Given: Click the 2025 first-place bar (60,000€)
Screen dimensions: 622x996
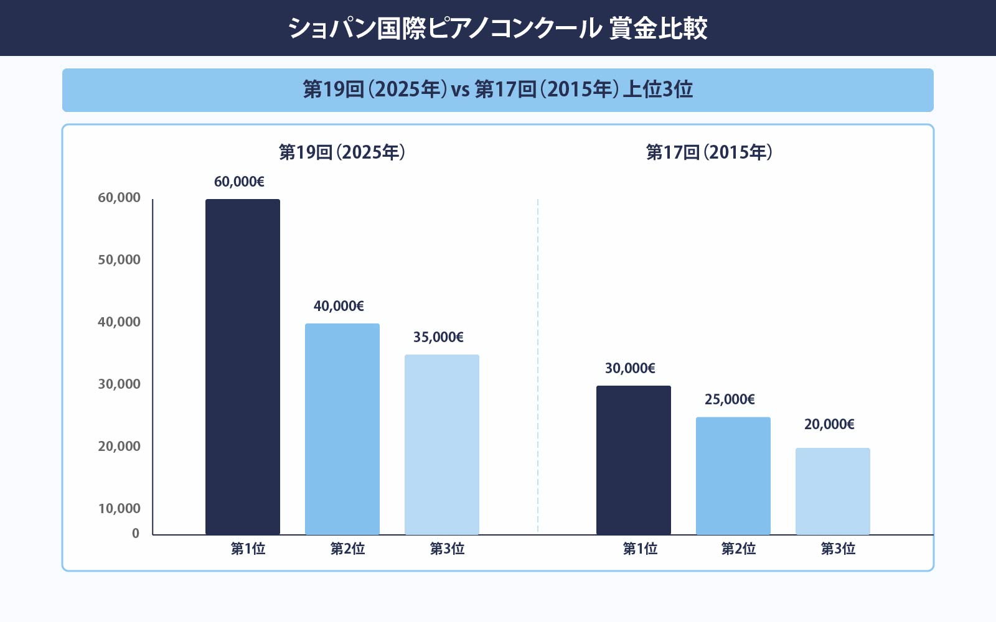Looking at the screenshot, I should tap(243, 367).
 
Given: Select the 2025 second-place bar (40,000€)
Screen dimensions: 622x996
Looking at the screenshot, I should tap(342, 429).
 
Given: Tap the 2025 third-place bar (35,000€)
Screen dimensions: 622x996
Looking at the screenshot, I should tap(442, 445).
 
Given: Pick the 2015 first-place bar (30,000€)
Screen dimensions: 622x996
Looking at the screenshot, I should tap(634, 460).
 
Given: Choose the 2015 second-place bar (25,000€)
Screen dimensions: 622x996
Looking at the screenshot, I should tap(733, 476).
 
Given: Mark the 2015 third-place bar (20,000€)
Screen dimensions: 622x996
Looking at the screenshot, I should tap(833, 491).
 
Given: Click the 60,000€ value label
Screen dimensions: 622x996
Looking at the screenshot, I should tap(239, 182).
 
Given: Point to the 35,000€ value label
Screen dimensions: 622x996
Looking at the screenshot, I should tap(438, 337).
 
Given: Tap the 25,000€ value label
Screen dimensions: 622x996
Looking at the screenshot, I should tap(730, 399).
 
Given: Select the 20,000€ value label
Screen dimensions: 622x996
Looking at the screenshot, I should tap(829, 424).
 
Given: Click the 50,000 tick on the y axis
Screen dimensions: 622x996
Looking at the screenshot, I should tap(119, 260).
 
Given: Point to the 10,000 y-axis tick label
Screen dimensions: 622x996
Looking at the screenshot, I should tap(119, 509).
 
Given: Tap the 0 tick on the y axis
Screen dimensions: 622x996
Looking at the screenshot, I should tap(136, 534).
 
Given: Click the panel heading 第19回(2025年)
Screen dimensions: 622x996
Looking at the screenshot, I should tap(342, 152).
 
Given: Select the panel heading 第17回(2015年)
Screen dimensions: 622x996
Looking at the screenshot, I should tap(709, 152).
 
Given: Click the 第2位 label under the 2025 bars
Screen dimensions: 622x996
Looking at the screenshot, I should tap(347, 549).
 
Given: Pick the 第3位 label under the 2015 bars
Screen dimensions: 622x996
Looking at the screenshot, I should tap(838, 549).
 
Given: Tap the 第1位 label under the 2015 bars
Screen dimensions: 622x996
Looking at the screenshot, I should tap(640, 549).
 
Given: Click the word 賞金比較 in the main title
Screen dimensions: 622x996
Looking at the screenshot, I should tap(658, 29).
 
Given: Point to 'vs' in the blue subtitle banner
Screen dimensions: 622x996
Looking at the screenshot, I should tap(461, 90).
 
